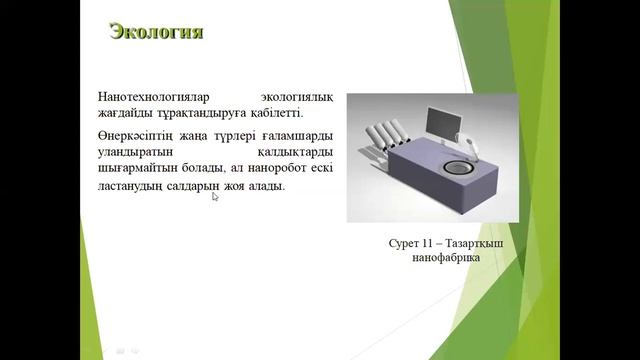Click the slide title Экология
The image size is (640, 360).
tap(156, 32)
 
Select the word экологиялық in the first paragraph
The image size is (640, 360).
tap(297, 97)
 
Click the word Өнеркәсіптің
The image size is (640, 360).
tap(139, 136)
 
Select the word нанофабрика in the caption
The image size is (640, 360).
tap(447, 258)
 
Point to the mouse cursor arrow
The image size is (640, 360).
tap(215, 196)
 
